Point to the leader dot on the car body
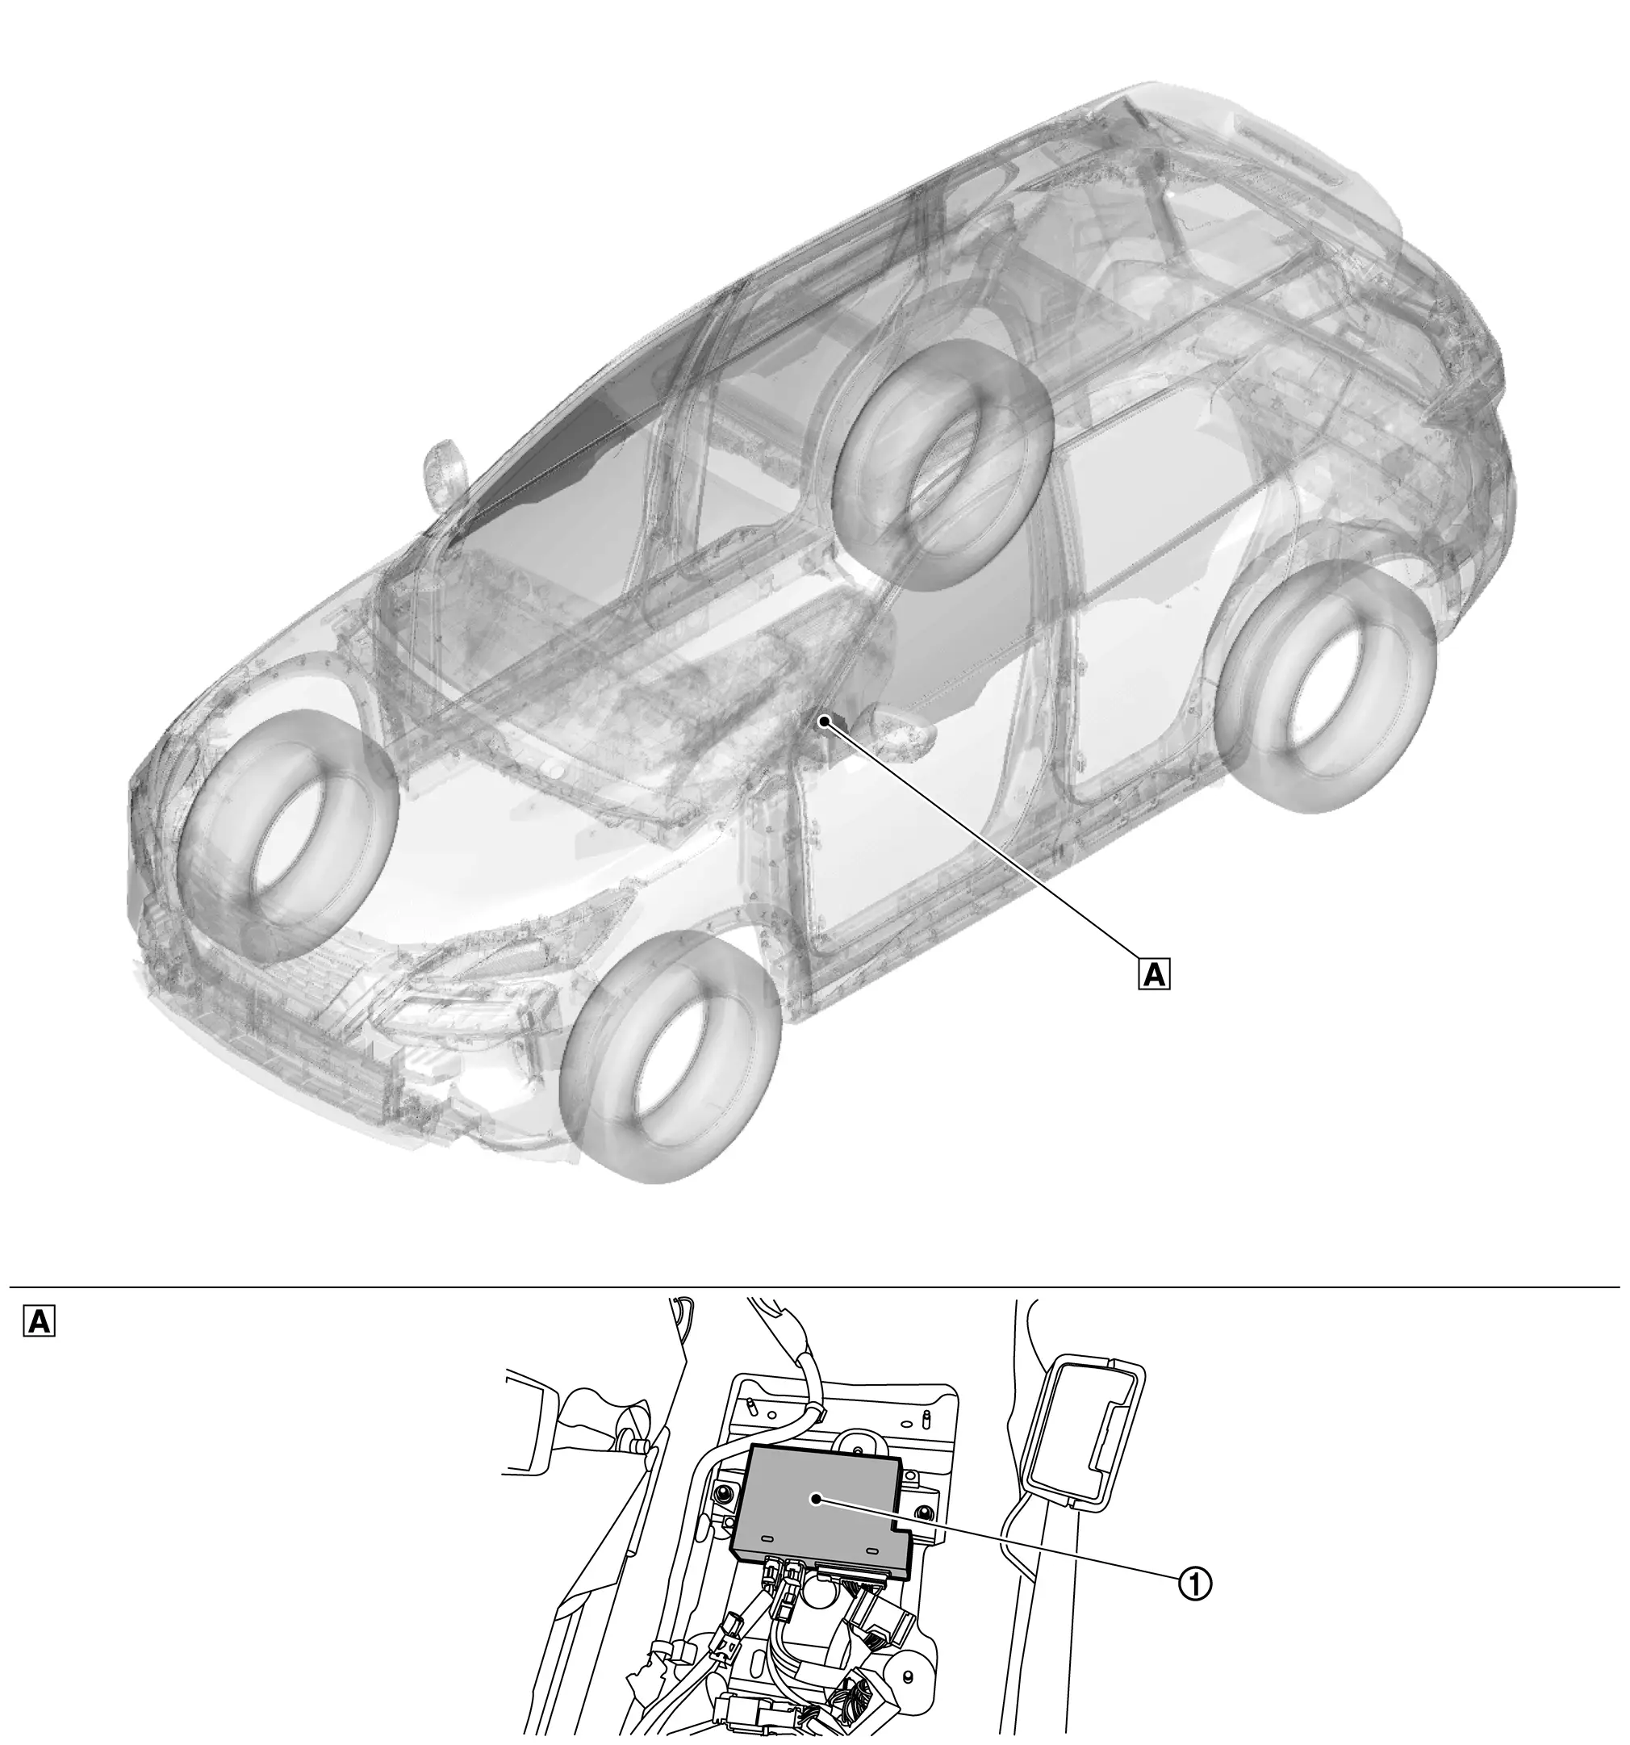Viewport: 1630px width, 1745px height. [824, 722]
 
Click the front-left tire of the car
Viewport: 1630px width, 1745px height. [287, 835]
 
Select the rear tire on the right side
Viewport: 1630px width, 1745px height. [1328, 685]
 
